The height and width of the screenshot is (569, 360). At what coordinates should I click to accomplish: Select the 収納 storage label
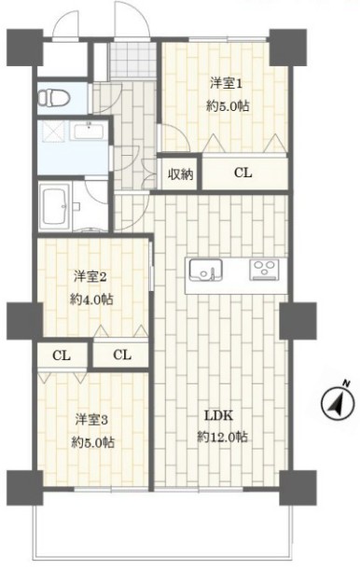click(180, 173)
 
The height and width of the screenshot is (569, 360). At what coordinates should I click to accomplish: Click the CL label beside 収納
click(242, 173)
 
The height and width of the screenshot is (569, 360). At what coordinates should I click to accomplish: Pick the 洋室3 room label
click(90, 418)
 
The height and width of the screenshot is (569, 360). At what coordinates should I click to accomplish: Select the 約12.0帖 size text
click(222, 437)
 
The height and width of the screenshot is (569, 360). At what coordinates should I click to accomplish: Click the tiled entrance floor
click(129, 61)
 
